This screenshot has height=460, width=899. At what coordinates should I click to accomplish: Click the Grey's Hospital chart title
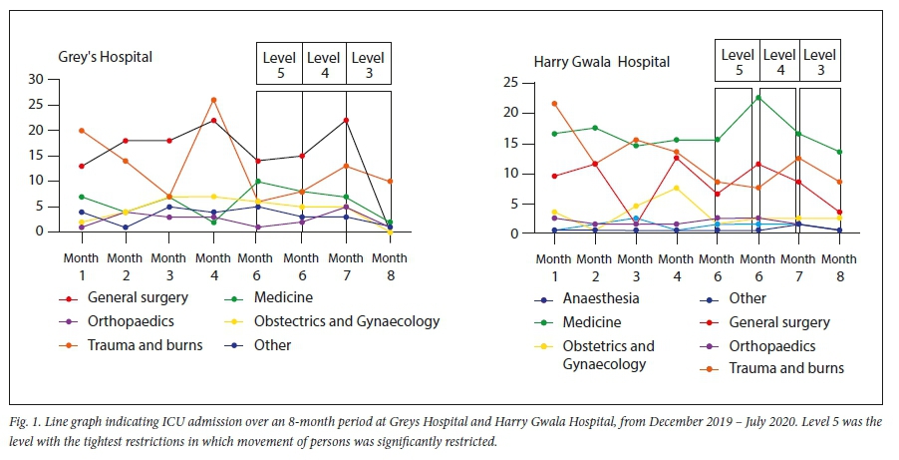point(104,57)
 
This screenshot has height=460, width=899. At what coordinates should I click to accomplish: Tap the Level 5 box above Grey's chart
point(279,66)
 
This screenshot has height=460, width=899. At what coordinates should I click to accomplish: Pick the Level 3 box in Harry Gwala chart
point(819,62)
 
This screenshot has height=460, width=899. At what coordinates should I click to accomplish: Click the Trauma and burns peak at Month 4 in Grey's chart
point(213,100)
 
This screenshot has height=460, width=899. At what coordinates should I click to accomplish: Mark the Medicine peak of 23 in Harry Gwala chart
point(758,97)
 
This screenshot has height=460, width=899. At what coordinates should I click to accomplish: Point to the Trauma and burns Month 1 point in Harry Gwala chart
point(555,103)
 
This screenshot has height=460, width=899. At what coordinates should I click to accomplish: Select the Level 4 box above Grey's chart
point(324,66)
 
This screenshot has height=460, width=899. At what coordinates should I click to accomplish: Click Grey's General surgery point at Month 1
point(82,166)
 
